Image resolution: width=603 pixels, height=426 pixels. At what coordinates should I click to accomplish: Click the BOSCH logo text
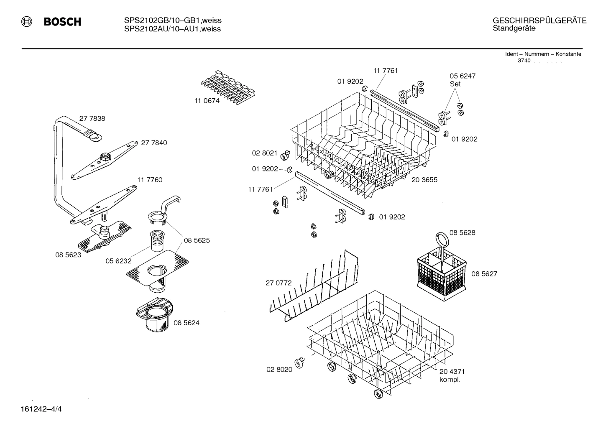coord(62,22)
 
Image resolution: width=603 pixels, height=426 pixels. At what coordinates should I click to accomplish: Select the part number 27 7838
coord(92,119)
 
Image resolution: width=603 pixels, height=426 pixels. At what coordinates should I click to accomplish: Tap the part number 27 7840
coord(154,143)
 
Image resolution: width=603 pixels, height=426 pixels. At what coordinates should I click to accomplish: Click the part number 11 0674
coord(207,101)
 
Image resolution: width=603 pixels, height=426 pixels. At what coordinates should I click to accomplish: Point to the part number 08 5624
coord(186,323)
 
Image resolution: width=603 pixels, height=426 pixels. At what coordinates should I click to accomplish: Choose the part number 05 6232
coord(118,261)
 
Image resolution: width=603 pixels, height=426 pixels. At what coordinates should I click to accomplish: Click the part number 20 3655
coord(424,180)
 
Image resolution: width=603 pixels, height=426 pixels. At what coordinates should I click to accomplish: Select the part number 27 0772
coord(279,283)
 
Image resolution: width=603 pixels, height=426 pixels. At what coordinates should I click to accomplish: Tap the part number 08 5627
coord(484,274)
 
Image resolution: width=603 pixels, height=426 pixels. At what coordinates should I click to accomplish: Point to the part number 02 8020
coord(279,370)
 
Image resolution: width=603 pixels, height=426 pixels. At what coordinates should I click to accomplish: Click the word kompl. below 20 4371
coord(450,380)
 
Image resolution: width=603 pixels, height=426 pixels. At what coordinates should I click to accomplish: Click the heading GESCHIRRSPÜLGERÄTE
coord(539,21)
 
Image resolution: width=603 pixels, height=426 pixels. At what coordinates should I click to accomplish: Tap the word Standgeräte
coord(514,29)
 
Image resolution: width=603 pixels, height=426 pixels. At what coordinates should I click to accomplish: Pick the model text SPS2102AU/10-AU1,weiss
coord(172,29)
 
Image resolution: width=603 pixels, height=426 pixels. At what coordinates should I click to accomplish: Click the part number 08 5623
coord(68,255)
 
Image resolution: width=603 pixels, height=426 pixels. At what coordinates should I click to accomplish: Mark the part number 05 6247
coord(462,76)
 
